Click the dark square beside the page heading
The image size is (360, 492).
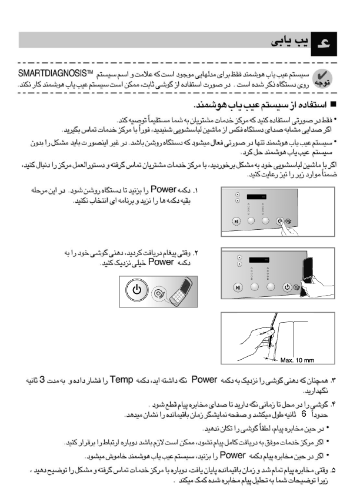322,42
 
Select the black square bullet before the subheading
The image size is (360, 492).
332,105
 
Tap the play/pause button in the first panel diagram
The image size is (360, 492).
236,222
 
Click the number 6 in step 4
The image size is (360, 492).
304,413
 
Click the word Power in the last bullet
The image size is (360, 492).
231,455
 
